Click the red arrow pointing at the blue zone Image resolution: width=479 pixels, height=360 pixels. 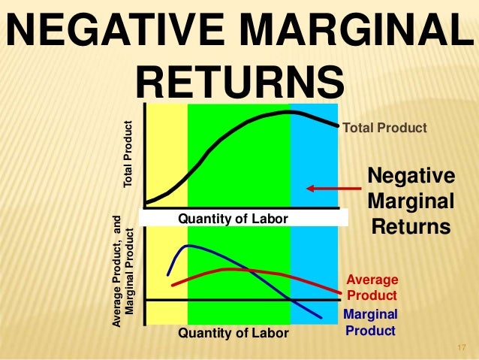tap(327, 189)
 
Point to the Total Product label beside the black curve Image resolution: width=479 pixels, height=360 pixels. tap(384, 129)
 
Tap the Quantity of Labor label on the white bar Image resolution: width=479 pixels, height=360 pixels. tap(233, 219)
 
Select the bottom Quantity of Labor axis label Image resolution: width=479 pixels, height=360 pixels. tap(233, 332)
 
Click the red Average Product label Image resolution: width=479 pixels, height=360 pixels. tap(372, 288)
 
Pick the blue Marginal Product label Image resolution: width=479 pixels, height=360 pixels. tap(371, 322)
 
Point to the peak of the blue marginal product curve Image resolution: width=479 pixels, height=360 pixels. tap(188, 246)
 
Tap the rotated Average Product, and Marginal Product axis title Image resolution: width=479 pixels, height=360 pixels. tap(122, 271)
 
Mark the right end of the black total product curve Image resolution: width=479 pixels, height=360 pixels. tap(337, 125)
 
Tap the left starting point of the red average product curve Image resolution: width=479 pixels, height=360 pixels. tap(173, 285)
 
